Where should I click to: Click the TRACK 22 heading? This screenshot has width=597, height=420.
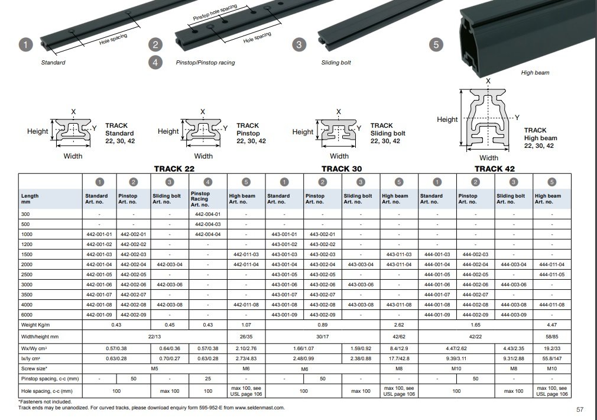click(174, 169)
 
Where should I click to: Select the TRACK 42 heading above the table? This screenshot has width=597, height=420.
click(495, 169)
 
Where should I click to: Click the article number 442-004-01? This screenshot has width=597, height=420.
click(207, 214)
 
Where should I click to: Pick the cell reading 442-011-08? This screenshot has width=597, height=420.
click(246, 304)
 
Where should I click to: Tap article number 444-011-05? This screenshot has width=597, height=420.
click(552, 274)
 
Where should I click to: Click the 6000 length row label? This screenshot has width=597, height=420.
click(27, 314)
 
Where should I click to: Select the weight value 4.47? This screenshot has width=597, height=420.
click(552, 325)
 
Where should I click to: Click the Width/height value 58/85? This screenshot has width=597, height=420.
click(552, 336)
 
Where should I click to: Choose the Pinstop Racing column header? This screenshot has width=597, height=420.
click(201, 198)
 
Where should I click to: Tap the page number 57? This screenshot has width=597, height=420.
click(580, 409)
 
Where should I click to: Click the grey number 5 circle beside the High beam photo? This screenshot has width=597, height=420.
click(437, 45)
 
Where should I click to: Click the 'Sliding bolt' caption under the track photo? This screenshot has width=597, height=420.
click(336, 62)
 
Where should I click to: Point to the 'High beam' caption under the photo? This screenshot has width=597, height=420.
click(535, 73)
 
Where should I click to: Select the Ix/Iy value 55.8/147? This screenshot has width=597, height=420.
click(552, 358)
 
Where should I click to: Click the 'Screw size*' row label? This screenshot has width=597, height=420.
click(34, 369)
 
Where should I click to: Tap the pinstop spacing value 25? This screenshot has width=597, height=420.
click(207, 379)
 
